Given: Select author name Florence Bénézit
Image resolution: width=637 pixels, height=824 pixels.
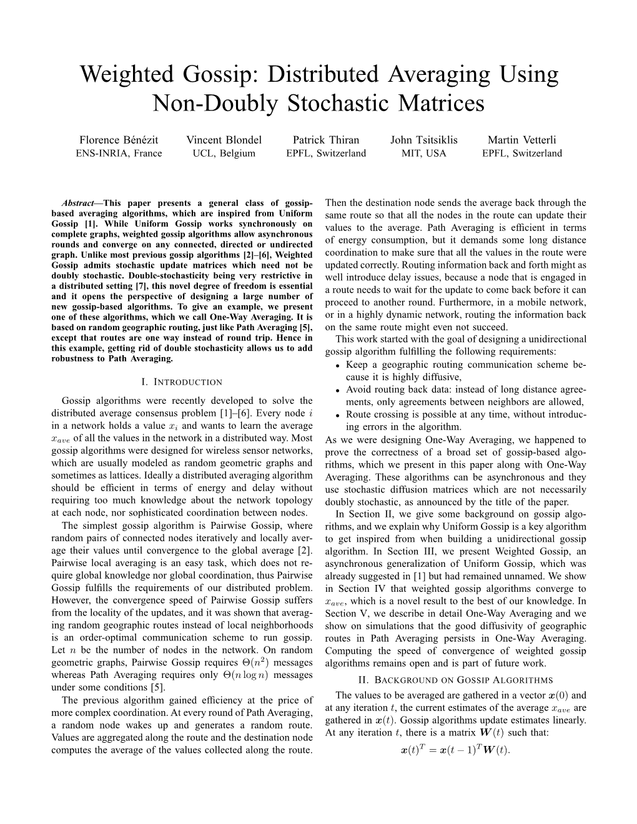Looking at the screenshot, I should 118,140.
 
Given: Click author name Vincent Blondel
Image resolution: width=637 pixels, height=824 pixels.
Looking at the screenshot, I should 224,140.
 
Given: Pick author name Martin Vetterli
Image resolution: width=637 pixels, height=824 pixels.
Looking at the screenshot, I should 521,140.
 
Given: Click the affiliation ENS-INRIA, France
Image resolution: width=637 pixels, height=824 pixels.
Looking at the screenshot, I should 118,154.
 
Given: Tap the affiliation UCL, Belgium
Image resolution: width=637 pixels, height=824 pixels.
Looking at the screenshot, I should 224,154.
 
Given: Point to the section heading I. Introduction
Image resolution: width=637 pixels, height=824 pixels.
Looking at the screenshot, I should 182,381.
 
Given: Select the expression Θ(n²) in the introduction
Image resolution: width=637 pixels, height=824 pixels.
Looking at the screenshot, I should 250,662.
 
